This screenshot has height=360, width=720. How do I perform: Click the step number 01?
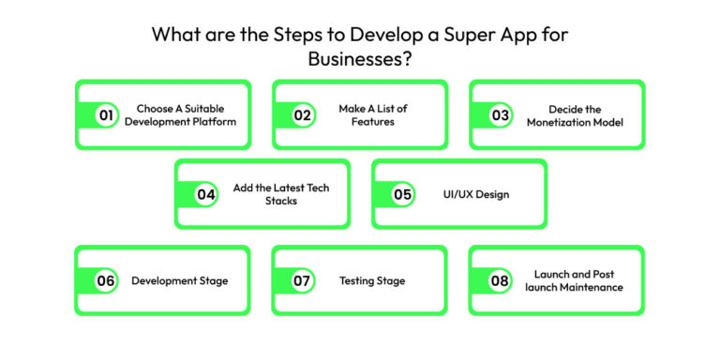[x=106, y=115]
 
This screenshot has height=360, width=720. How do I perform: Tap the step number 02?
[x=302, y=115]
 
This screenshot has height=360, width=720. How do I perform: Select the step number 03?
[x=500, y=115]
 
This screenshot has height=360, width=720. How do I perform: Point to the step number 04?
[x=205, y=195]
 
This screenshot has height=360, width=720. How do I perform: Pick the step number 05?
[x=402, y=195]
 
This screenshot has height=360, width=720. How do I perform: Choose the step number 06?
[x=106, y=281]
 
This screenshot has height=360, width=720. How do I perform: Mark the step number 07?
[x=302, y=281]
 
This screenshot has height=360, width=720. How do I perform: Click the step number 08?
[x=500, y=281]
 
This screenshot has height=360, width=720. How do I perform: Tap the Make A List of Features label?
[x=373, y=115]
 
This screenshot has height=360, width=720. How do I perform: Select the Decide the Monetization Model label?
[x=573, y=115]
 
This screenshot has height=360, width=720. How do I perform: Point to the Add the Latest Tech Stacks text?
[x=280, y=195]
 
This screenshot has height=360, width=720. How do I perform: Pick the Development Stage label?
[x=179, y=281]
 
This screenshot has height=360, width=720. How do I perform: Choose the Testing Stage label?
[x=372, y=281]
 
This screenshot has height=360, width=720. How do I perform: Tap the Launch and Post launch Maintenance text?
[x=573, y=281]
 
